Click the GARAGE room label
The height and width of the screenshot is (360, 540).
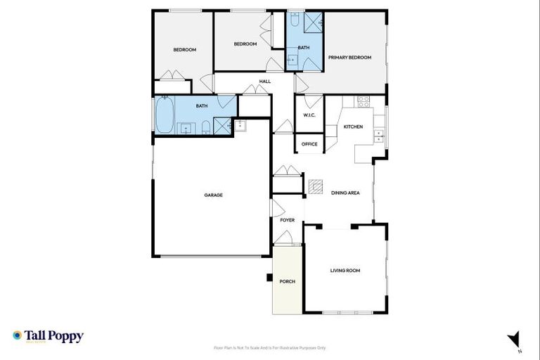[x=214, y=195]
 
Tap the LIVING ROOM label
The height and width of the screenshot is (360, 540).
[x=345, y=270]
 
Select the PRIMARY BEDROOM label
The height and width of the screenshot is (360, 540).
[x=349, y=58]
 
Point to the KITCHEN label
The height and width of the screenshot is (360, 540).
[x=353, y=127]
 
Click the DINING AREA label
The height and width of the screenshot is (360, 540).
[x=345, y=193]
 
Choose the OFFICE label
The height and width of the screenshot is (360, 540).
[x=309, y=144]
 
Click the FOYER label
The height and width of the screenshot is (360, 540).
[x=288, y=220]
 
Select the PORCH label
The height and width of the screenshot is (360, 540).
[x=287, y=281]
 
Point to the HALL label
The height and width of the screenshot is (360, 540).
[x=265, y=82]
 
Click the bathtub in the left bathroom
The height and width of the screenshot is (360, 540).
[x=164, y=115]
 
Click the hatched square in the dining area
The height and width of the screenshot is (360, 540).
[x=316, y=186]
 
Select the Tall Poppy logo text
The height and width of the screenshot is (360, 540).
[x=54, y=336]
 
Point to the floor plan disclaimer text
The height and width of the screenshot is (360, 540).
[x=270, y=347]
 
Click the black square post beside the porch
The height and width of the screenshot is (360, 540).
[x=269, y=277]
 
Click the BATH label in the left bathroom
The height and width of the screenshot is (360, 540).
[x=202, y=106]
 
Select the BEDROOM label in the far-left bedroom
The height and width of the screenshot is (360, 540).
[x=184, y=50]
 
